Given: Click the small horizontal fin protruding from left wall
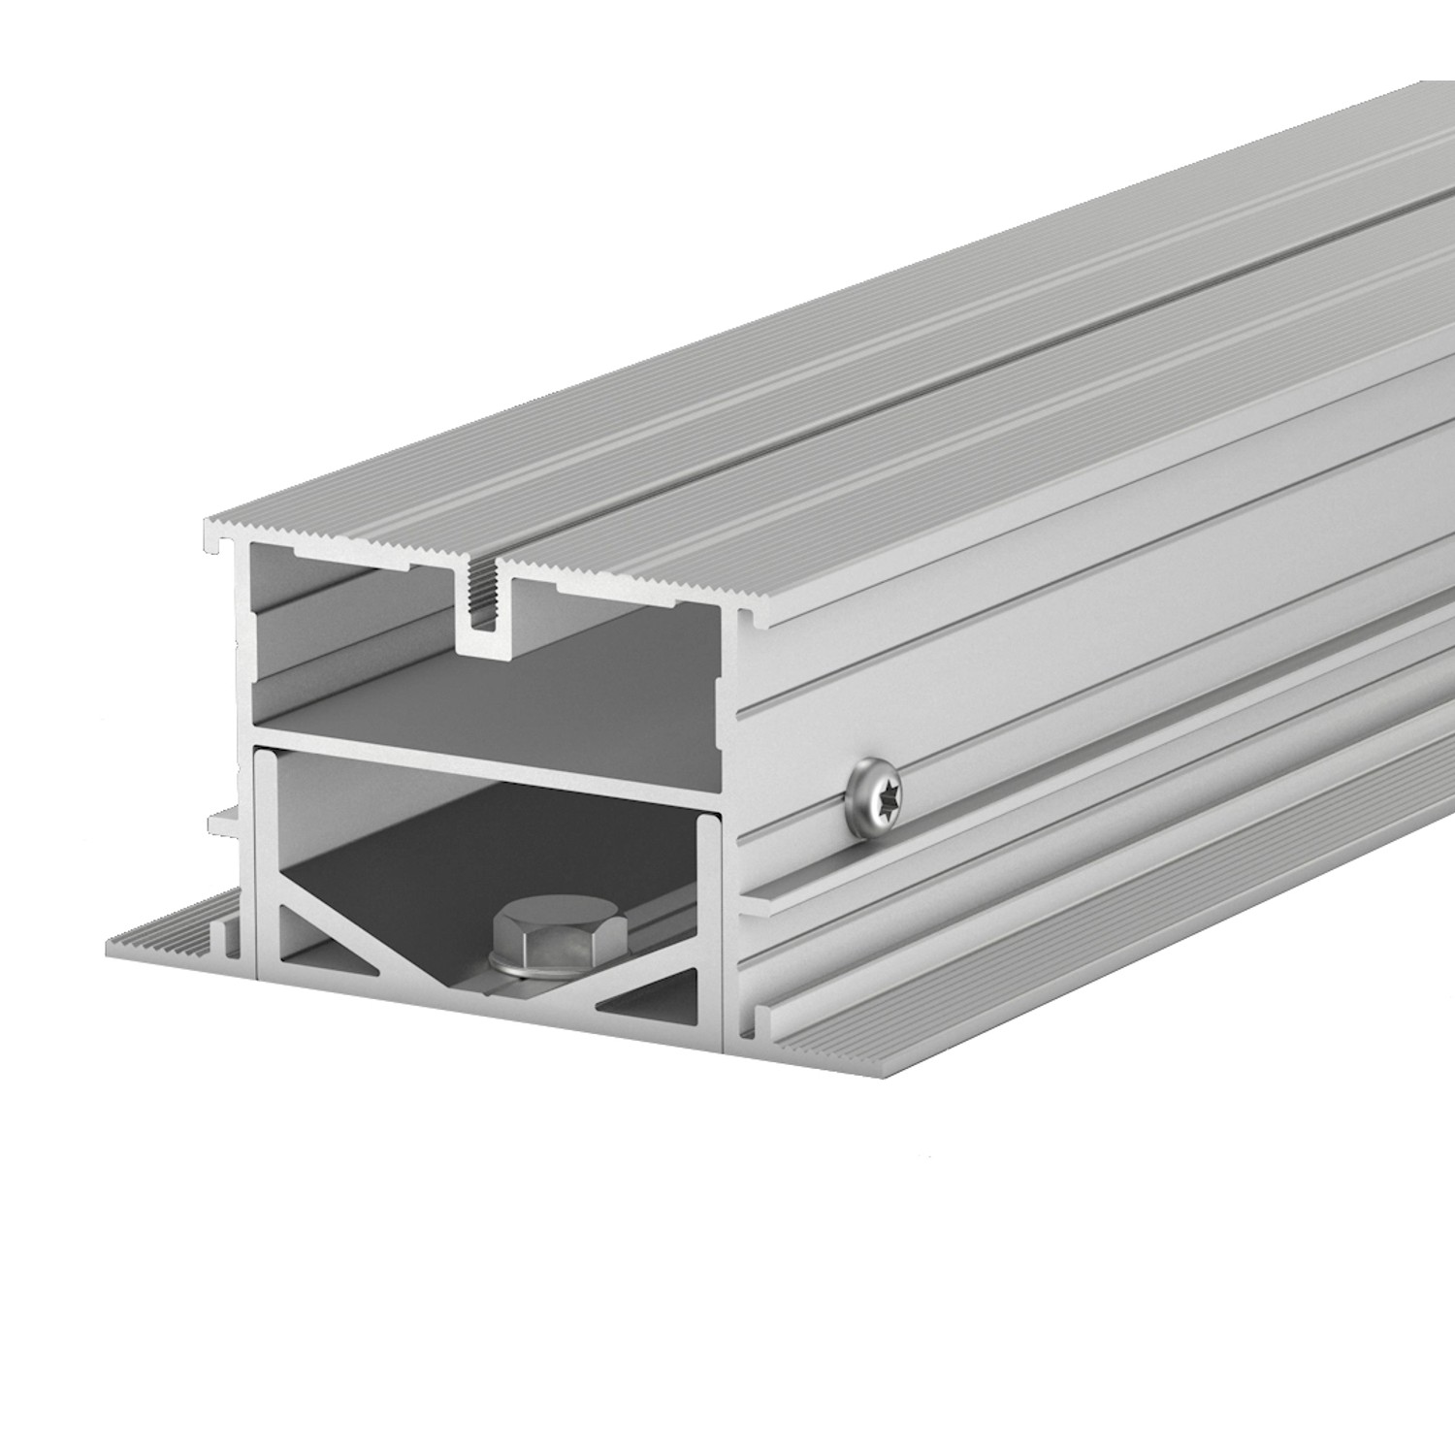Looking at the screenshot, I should click(228, 819).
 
